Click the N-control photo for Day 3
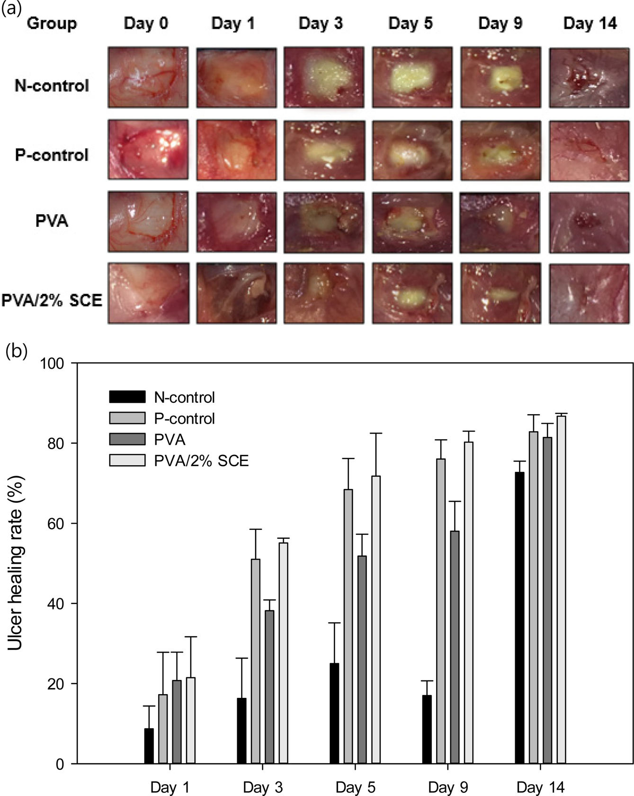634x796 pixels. click(x=324, y=77)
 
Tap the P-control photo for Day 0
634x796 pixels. click(x=148, y=150)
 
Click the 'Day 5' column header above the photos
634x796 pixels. click(x=411, y=23)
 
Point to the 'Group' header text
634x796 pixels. click(x=52, y=23)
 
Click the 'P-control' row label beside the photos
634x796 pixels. click(x=52, y=155)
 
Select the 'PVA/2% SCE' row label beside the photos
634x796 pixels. click(x=52, y=300)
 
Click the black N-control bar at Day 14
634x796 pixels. click(x=520, y=617)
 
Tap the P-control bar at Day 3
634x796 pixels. click(x=255, y=661)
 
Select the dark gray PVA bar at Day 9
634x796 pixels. click(x=455, y=647)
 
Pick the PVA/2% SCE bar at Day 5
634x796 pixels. click(x=376, y=620)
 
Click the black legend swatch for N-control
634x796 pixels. click(x=127, y=397)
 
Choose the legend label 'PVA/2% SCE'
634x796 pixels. click(x=201, y=461)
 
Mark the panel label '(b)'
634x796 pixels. click(x=16, y=351)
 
